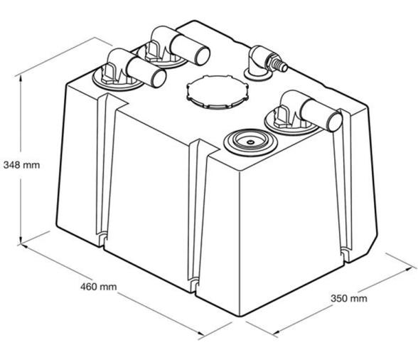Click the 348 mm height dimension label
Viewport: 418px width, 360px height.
coord(21,165)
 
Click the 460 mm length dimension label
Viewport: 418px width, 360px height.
coord(99,287)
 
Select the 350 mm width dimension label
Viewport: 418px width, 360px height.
coord(349,298)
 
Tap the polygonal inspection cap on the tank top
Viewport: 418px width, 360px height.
coord(217,92)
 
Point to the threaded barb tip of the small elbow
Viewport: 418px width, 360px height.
coord(283,67)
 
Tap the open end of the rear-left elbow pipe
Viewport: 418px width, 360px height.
coord(203,56)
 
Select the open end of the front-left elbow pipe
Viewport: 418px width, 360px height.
coord(159,78)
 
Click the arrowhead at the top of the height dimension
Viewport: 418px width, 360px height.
coord(21,78)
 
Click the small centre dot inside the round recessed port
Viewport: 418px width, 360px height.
coord(250,142)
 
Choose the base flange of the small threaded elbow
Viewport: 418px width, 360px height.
coord(258,75)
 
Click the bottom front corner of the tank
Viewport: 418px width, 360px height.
coord(240,316)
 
